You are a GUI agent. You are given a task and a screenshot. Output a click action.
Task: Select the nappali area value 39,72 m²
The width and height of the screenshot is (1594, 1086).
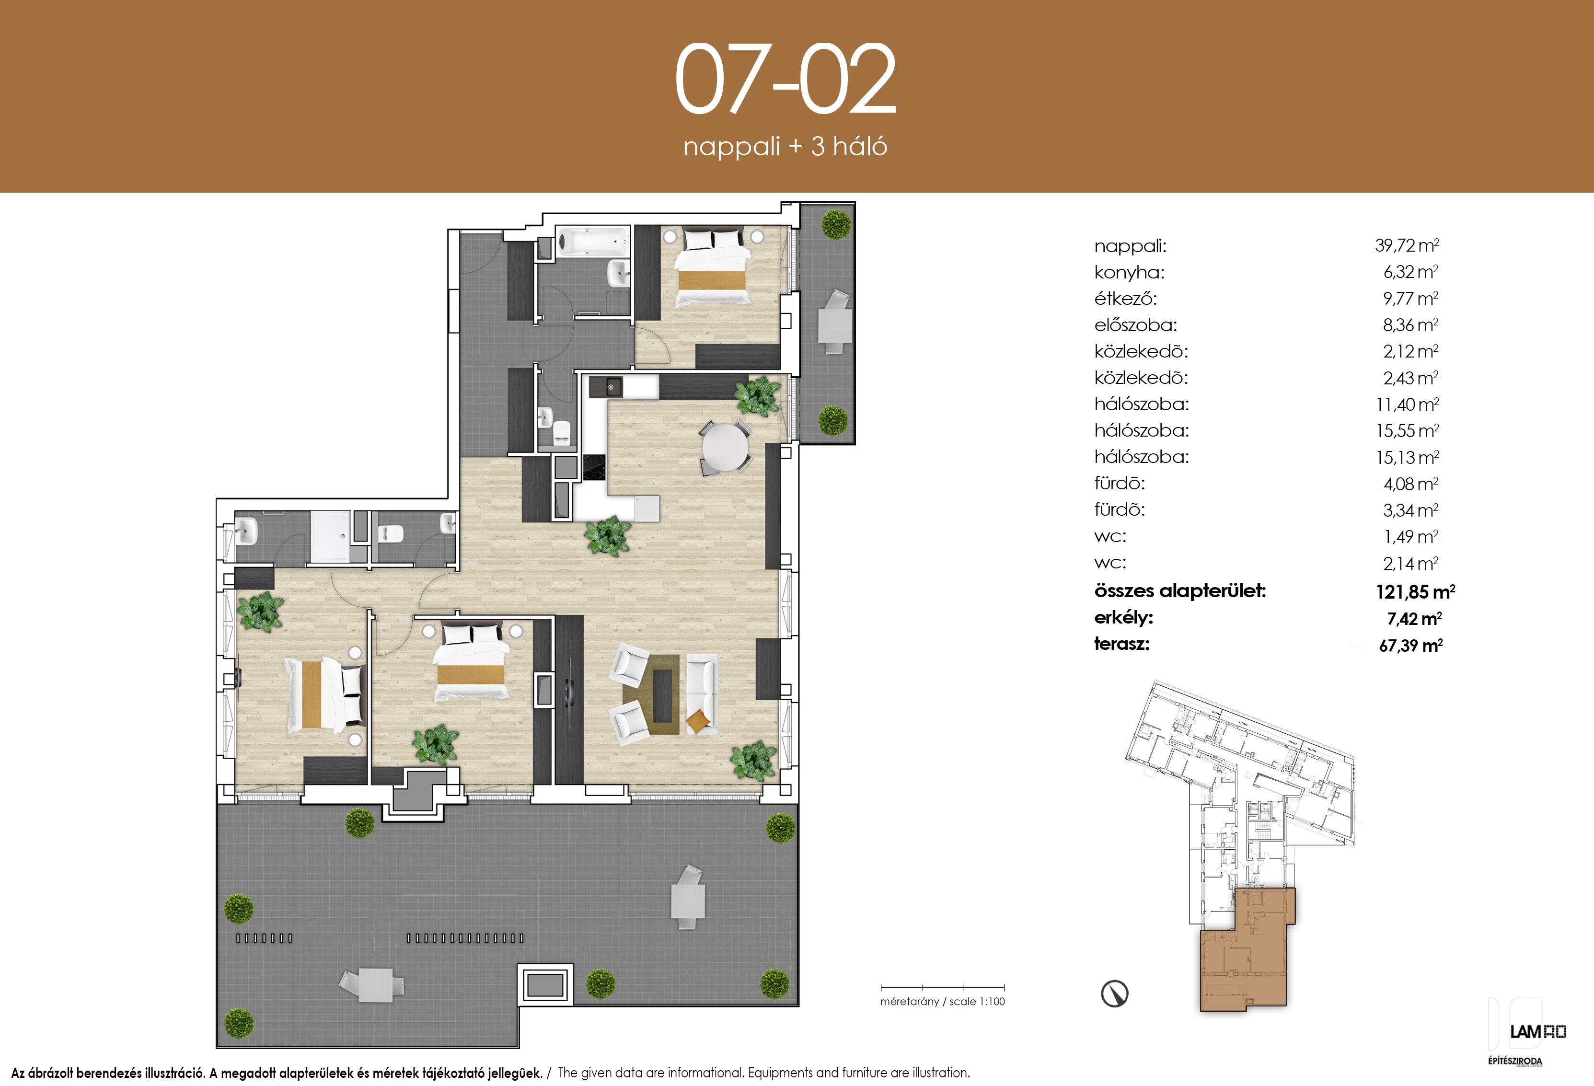(x=1407, y=245)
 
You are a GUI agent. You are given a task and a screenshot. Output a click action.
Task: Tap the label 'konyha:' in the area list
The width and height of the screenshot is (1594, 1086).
(x=1129, y=272)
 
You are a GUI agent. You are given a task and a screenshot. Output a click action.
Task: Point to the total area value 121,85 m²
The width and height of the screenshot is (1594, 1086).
(x=1415, y=591)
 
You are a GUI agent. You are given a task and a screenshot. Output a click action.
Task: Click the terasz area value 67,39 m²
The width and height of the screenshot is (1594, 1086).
(x=1411, y=645)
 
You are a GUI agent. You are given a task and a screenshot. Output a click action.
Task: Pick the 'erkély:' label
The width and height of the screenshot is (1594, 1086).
(x=1123, y=617)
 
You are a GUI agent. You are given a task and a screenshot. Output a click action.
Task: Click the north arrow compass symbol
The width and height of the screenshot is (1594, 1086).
(x=1115, y=994)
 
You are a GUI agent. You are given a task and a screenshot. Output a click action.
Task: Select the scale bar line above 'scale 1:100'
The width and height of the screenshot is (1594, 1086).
(x=942, y=988)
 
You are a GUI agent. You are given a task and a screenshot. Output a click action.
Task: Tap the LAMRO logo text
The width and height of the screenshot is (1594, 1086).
(x=1538, y=1032)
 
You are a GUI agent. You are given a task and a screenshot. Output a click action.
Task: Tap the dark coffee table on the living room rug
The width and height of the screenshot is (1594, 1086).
(x=662, y=695)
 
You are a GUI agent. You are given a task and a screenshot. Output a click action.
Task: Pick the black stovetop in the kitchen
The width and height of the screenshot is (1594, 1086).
(x=594, y=467)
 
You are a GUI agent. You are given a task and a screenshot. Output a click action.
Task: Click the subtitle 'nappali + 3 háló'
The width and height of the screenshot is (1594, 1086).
(x=785, y=147)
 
